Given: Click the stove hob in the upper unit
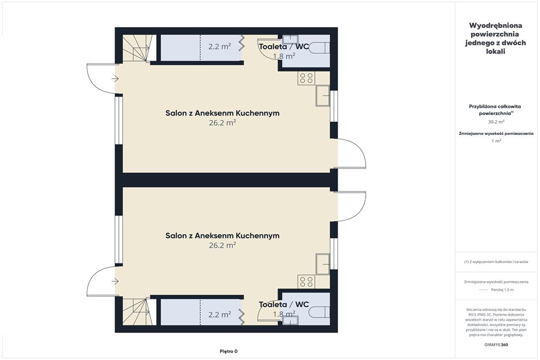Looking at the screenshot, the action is pyautogui.click(x=306, y=78).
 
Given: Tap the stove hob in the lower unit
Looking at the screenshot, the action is pyautogui.click(x=306, y=281).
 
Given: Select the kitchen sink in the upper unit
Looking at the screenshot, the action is pyautogui.click(x=323, y=96).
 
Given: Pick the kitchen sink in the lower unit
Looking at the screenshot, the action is pyautogui.click(x=323, y=264).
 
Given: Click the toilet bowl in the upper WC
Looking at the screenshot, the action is pyautogui.click(x=319, y=47).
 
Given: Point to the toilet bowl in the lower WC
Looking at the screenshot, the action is pyautogui.click(x=319, y=312).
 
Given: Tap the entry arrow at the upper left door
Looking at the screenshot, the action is pyautogui.click(x=115, y=79).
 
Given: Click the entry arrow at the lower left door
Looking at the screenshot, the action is pyautogui.click(x=115, y=282).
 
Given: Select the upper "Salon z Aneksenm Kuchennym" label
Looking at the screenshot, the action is pyautogui.click(x=222, y=113).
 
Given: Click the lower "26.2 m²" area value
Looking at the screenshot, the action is pyautogui.click(x=222, y=245).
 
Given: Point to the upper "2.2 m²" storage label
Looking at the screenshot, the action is pyautogui.click(x=219, y=46).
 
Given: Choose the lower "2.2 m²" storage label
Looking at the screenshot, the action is pyautogui.click(x=219, y=314).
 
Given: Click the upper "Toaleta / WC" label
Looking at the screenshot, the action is pyautogui.click(x=284, y=46).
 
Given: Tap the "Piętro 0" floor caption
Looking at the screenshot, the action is pyautogui.click(x=228, y=351).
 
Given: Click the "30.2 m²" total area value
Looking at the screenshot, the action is pyautogui.click(x=496, y=121).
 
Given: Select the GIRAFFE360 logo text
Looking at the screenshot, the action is pyautogui.click(x=496, y=344).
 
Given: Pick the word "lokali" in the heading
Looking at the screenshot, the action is pyautogui.click(x=496, y=51).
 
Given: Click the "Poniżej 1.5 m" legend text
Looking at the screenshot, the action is pyautogui.click(x=502, y=290).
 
